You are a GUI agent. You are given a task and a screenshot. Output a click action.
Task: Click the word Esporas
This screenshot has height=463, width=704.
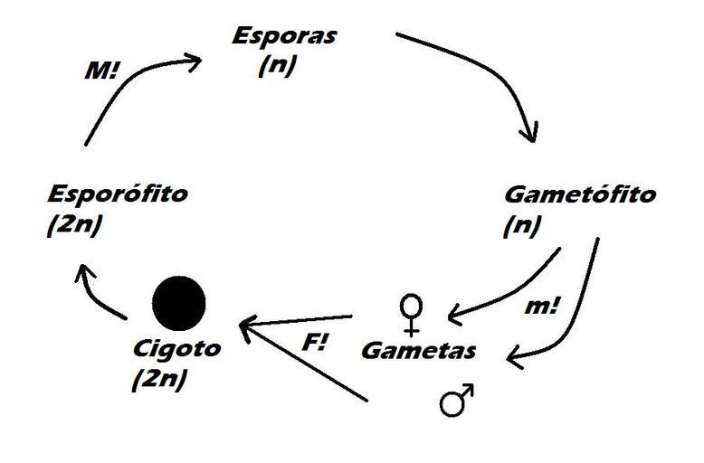[x=284, y=37]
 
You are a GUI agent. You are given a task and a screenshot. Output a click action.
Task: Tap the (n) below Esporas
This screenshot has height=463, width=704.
[x=276, y=66]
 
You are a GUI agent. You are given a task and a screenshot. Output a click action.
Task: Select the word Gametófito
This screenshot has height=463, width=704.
[x=579, y=195]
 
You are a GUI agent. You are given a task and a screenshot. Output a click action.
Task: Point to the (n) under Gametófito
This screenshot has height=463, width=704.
[x=522, y=225]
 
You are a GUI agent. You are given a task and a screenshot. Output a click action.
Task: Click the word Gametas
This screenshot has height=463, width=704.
[x=418, y=349]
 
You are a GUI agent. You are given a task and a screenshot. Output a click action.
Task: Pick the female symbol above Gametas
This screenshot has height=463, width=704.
[x=411, y=314]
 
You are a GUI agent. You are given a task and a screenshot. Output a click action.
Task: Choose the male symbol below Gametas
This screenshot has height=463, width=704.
[x=458, y=399]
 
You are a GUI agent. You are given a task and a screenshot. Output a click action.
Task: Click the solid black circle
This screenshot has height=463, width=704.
[x=178, y=302]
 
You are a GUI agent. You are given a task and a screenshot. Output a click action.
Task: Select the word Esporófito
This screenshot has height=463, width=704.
[x=119, y=195]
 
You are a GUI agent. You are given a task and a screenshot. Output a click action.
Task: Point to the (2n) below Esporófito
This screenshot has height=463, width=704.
[x=72, y=225]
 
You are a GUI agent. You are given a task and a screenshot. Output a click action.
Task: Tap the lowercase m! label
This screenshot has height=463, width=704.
[x=543, y=307]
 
